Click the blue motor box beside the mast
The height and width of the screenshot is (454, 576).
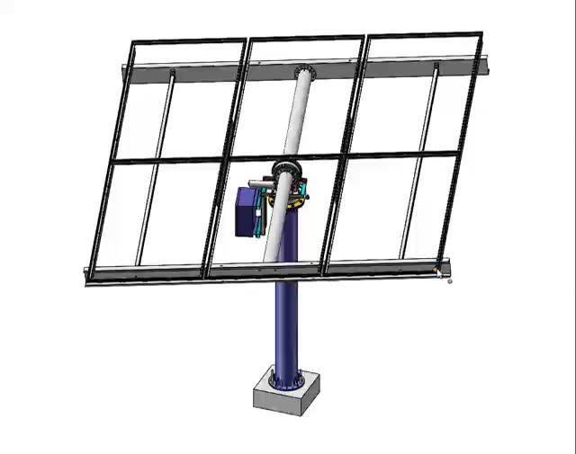247,212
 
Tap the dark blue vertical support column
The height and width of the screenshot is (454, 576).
287,324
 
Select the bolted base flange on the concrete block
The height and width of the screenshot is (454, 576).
287,381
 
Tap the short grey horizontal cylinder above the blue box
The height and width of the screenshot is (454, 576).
261,184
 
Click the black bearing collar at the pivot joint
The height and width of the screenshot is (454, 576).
286,168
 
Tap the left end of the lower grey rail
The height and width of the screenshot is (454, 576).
90,276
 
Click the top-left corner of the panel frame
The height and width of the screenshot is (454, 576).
133,42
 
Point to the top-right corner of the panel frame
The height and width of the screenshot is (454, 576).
481,35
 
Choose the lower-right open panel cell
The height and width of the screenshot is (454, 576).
391,211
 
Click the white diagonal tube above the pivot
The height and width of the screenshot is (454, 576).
296,117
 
